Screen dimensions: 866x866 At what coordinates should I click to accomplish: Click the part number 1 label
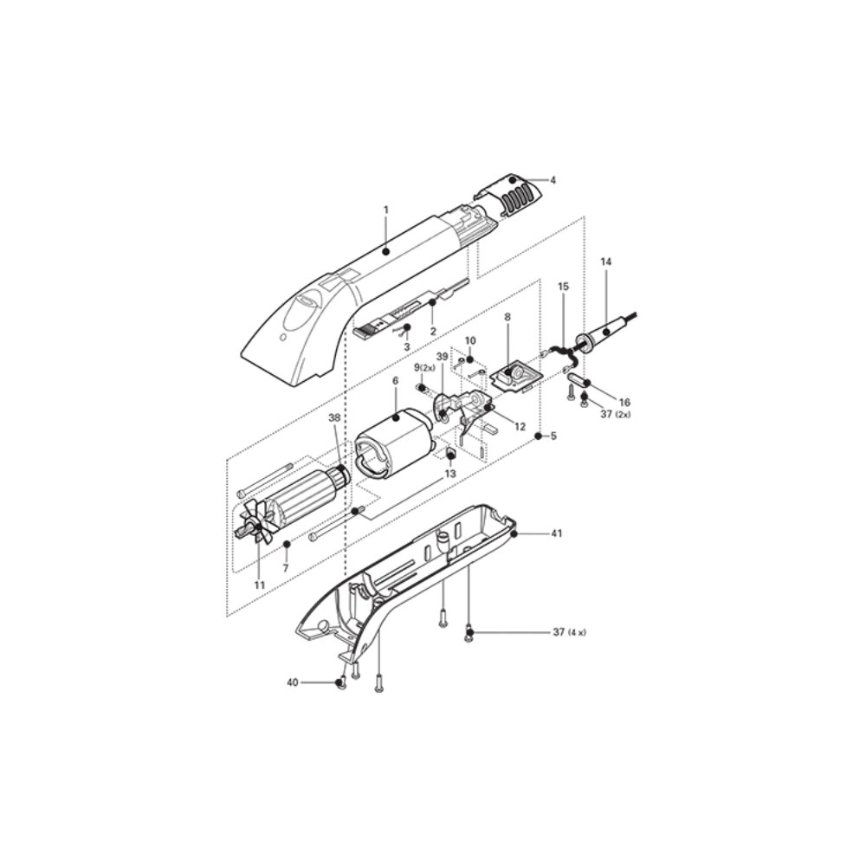coord(386,210)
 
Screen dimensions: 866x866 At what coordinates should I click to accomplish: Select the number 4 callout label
coord(553,180)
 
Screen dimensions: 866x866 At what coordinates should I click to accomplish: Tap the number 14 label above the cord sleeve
coord(606,262)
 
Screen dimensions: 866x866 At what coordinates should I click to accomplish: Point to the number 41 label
coord(556,533)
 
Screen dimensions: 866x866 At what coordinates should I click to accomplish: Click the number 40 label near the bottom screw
coord(293,682)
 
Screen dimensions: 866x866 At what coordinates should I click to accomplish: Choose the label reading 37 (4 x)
coord(570,632)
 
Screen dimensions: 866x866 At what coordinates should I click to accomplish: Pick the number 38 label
coord(334,417)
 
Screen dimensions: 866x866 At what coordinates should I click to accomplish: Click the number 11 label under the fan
coord(260,585)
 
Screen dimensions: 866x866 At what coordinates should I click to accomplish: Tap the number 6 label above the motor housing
coord(395,381)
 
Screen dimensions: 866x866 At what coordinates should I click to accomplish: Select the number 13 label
coord(450,474)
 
